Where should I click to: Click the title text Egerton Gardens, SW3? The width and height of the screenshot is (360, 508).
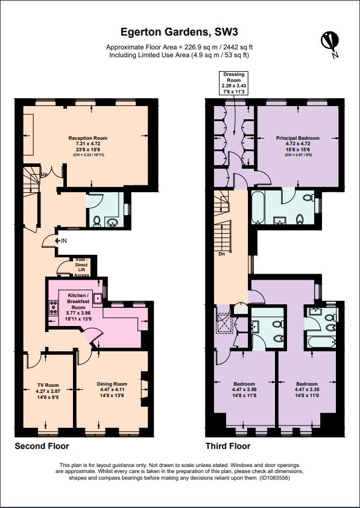point(180,31)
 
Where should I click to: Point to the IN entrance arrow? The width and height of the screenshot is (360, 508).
point(60,241)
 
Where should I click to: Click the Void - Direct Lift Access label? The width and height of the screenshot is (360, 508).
point(81,266)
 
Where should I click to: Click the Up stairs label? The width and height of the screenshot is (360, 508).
point(44,175)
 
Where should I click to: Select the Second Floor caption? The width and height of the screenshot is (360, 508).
point(42,447)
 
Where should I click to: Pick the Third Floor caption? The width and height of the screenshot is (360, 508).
point(228,447)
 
